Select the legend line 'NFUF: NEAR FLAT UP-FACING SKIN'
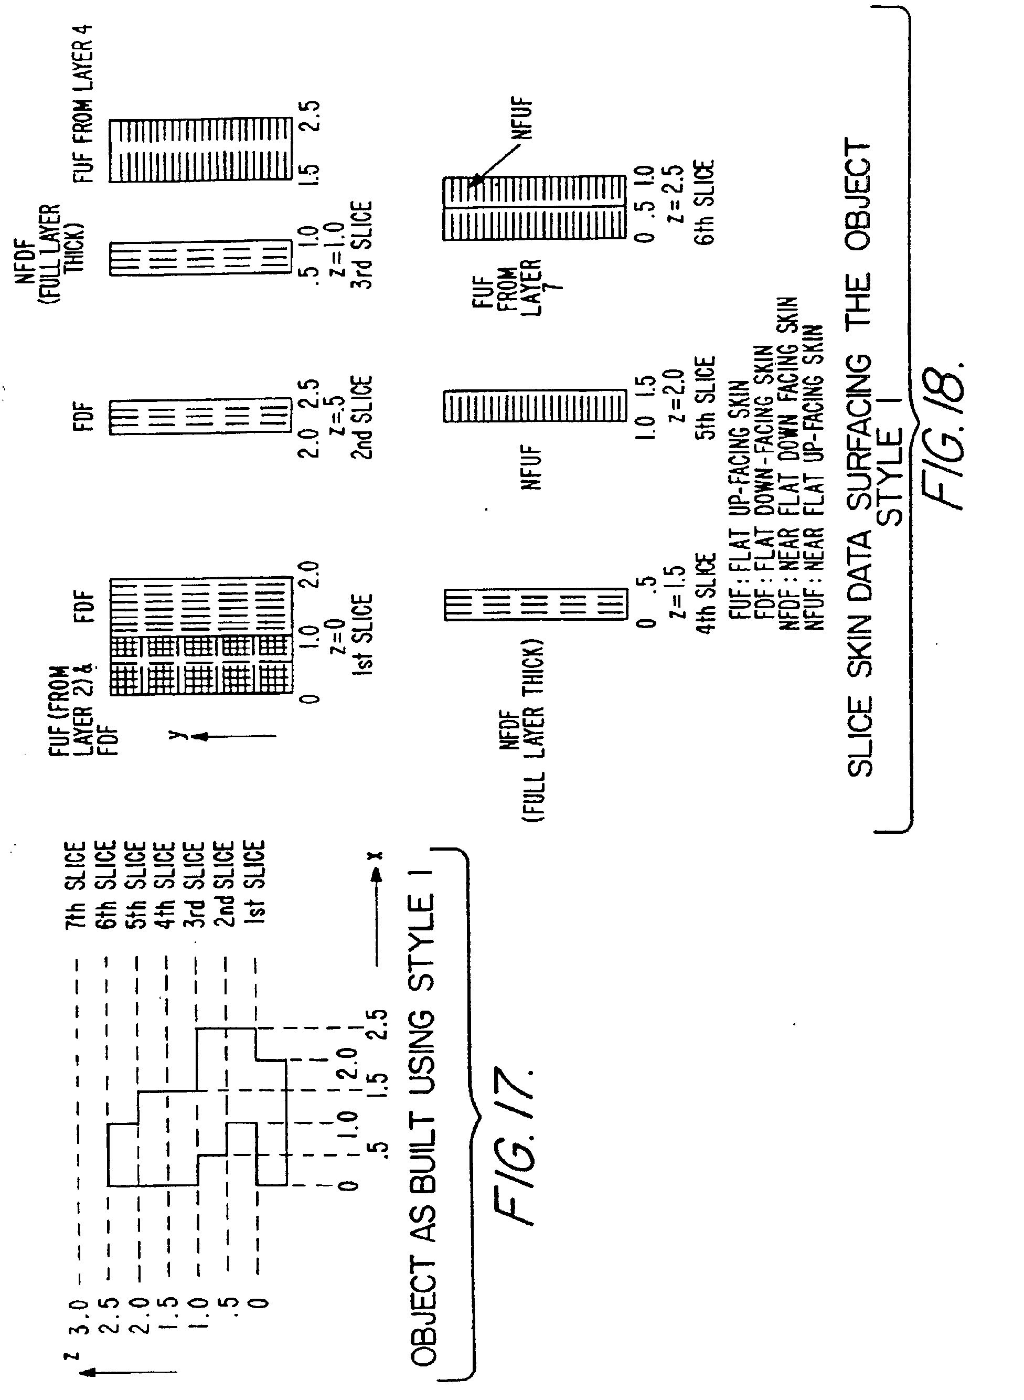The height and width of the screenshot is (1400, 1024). click(814, 478)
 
